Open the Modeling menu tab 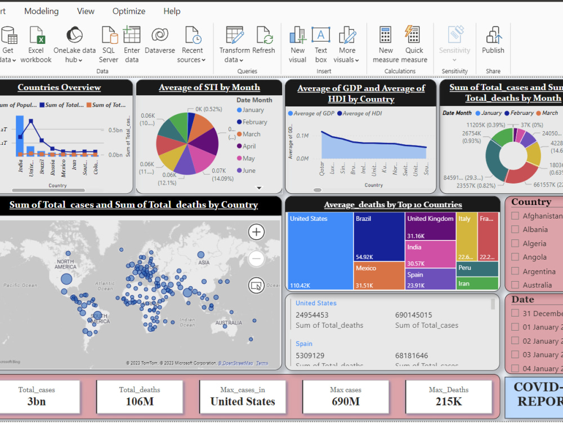[41, 11]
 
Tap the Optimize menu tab [128, 11]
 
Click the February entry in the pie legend [254, 122]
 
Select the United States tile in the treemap [320, 251]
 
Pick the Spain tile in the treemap [430, 279]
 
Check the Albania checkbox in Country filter [515, 230]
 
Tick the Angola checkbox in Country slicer [515, 257]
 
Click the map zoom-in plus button [256, 232]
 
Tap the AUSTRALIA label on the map [229, 323]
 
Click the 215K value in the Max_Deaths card [449, 402]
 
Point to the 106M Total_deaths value [140, 402]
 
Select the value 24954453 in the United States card [312, 315]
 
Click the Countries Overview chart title [59, 87]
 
